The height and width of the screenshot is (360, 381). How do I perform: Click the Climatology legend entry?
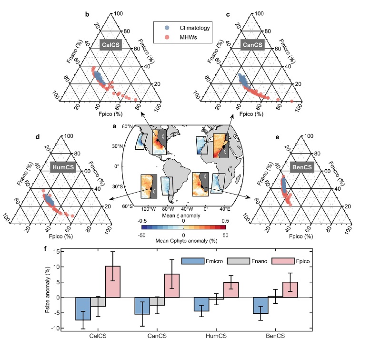pos(184,28)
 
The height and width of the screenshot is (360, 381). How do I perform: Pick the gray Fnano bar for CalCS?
pos(98,302)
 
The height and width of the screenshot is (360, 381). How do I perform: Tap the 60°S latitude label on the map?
pos(126,206)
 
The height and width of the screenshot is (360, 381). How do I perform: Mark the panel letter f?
pos(46,248)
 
